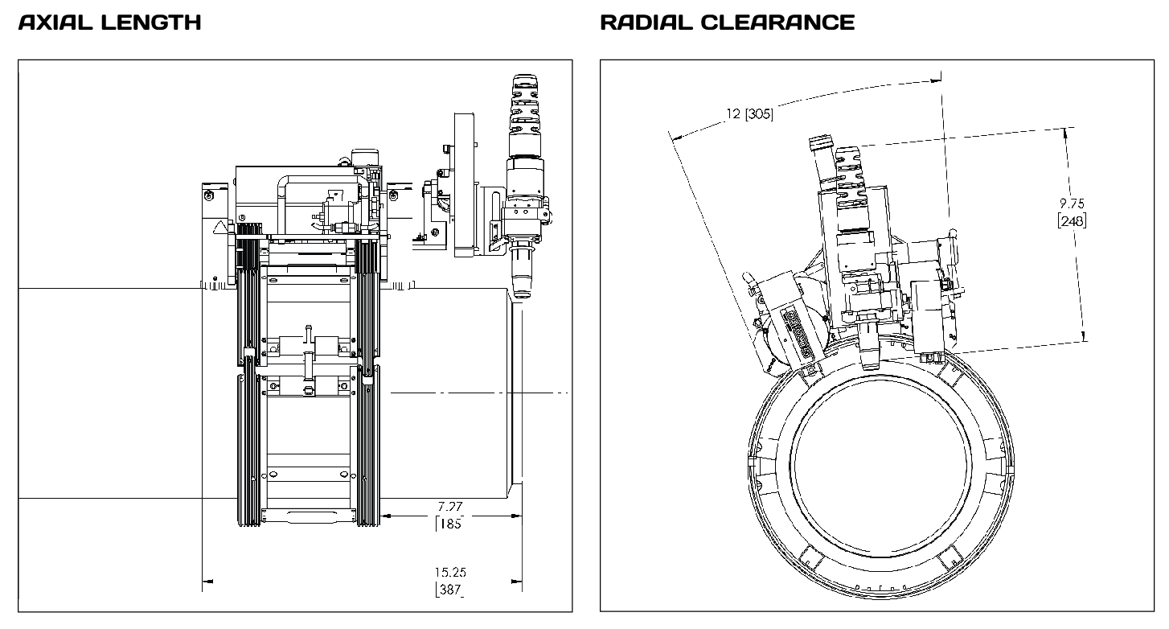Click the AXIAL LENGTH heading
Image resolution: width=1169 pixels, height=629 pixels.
[109, 23]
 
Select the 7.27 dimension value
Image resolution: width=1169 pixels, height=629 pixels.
[450, 507]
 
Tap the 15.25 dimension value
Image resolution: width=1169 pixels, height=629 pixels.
[450, 573]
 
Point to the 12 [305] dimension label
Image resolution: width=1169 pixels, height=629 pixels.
[749, 114]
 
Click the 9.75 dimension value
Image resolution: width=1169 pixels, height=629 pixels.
[1073, 204]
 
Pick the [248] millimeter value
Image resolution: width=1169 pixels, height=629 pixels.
[1073, 219]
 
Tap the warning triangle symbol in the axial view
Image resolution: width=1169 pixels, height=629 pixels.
[219, 228]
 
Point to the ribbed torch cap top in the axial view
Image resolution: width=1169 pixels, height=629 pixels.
[520, 84]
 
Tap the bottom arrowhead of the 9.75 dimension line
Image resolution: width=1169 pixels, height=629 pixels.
[1085, 337]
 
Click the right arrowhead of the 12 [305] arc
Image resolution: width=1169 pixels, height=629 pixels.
[935, 78]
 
